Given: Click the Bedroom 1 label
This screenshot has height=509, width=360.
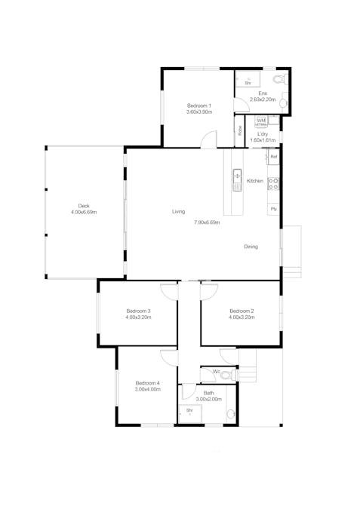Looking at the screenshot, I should (199, 106).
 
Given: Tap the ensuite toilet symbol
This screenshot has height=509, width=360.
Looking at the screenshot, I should (280, 80).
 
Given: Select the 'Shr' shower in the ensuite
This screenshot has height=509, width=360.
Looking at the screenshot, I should (247, 83).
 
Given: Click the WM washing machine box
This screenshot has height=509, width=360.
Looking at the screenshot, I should (261, 121).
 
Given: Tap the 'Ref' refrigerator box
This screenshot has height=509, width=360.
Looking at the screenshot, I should (273, 157).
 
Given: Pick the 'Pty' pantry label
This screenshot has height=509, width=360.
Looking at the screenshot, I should (273, 208).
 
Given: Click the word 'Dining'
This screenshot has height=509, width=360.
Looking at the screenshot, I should (251, 247).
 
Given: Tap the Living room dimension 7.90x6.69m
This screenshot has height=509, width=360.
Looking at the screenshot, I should (206, 222).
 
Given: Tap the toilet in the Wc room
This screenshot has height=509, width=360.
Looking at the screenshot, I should (233, 373).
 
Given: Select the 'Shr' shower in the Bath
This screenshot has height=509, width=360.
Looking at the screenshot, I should (189, 411).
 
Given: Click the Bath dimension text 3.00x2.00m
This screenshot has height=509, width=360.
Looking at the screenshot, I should (209, 399).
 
